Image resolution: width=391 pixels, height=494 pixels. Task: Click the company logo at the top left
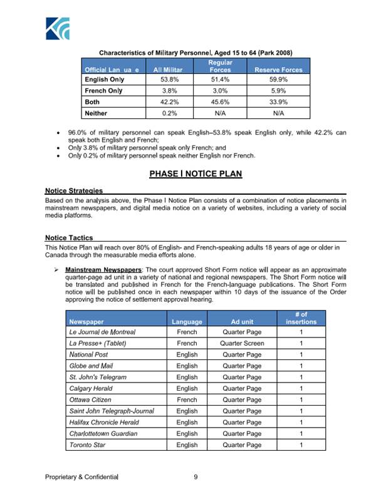[x=58, y=28]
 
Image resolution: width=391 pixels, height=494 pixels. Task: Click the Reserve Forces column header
[x=278, y=69]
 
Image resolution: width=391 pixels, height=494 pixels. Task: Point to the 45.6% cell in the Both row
[x=220, y=102]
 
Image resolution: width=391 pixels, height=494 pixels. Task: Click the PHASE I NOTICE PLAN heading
[x=195, y=173]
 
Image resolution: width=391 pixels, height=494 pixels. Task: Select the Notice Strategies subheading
[x=74, y=190]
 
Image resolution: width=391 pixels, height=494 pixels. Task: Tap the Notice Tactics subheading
[x=69, y=238]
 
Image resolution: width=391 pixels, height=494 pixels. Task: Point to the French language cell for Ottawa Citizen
[x=187, y=400]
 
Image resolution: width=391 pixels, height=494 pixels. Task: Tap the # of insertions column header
[x=301, y=318]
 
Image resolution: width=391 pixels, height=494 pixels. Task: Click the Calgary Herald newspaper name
[x=94, y=389]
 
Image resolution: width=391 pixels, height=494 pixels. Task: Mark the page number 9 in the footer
[x=195, y=478]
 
